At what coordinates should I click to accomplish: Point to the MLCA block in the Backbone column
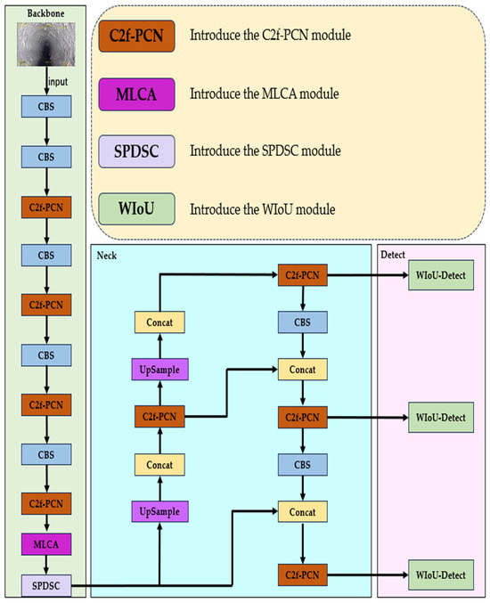tap(44, 541)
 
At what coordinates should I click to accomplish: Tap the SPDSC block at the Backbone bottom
tap(44, 585)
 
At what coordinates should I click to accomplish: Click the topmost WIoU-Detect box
tap(439, 277)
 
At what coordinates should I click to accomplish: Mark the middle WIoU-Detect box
tap(439, 417)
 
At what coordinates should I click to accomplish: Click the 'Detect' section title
tap(393, 255)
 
